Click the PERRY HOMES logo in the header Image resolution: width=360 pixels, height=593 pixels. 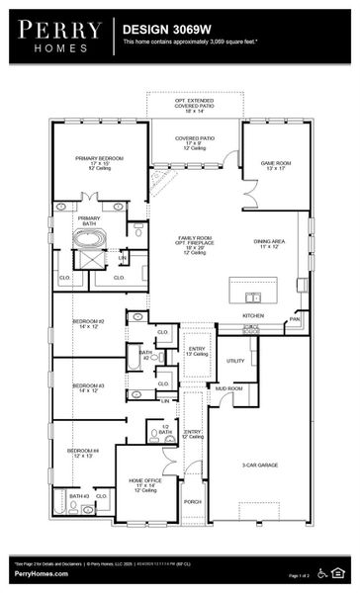[57, 36]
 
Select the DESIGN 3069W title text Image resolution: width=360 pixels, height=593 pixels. [164, 31]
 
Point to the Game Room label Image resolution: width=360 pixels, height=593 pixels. [275, 164]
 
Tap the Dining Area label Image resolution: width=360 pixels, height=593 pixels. [269, 241]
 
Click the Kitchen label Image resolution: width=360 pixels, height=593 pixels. [254, 315]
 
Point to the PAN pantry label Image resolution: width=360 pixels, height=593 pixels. [294, 319]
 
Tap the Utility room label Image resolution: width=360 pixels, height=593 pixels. [235, 361]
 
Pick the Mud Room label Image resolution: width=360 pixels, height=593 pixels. [229, 388]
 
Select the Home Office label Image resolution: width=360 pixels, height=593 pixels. [144, 484]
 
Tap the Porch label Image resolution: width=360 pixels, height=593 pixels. [193, 501]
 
